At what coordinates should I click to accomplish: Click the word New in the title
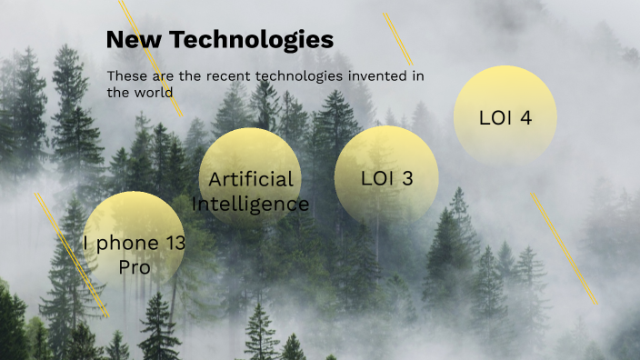tap(133, 40)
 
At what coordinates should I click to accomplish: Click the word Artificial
tap(251, 178)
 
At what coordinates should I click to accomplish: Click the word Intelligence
tap(251, 203)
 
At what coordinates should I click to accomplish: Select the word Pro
tap(135, 267)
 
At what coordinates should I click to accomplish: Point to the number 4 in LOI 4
tap(525, 117)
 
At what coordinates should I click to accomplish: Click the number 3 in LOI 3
tap(406, 178)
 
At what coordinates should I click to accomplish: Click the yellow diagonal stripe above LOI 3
tap(398, 39)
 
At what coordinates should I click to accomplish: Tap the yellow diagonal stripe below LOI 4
tap(565, 248)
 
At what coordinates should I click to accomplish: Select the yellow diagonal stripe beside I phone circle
tap(73, 255)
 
